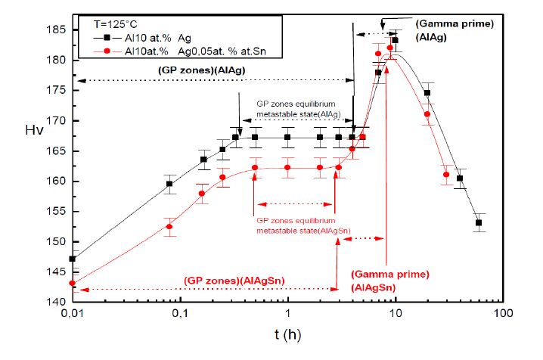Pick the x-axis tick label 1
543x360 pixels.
[288, 313]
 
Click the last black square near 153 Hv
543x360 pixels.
[479, 222]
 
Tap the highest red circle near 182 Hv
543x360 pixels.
[389, 48]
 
